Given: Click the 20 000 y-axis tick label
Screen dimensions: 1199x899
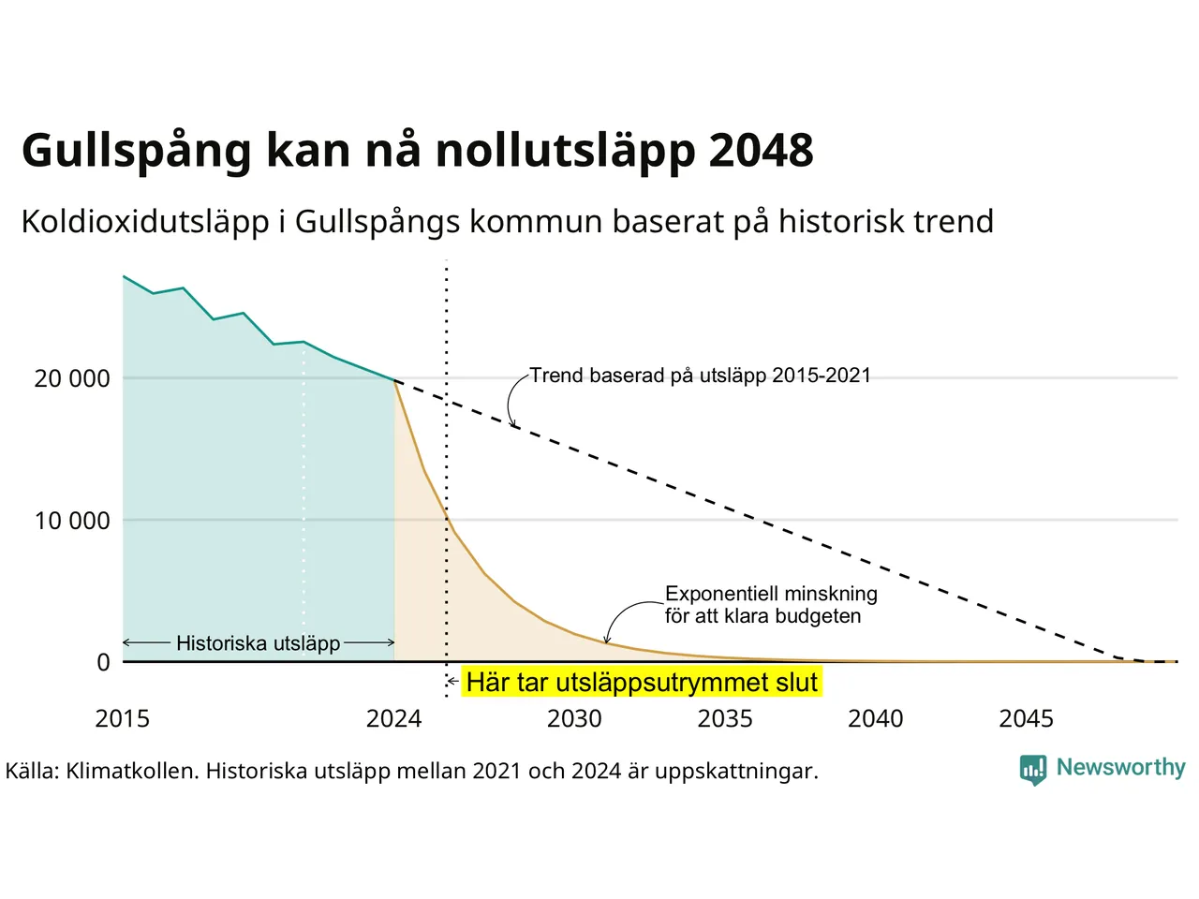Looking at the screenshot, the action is [72, 378].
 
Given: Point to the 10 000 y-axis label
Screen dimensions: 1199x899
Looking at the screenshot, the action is [72, 521].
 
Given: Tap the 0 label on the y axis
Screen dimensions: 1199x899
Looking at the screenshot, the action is [104, 662].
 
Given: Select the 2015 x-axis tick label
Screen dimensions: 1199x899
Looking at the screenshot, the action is [123, 719].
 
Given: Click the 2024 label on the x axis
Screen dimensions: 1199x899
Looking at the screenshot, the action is [393, 719].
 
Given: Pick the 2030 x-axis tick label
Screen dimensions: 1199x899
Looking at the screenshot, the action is [574, 719].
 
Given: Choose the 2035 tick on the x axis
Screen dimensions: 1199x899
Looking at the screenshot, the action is [725, 719].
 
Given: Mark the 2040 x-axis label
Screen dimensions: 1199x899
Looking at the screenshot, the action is [876, 719].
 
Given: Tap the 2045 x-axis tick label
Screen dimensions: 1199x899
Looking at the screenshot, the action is [1027, 719].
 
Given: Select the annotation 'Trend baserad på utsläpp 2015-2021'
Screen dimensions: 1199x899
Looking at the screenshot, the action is [701, 376].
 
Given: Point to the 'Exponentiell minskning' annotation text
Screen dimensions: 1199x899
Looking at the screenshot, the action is [771, 594].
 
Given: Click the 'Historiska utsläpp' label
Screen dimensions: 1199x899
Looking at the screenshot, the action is [259, 643].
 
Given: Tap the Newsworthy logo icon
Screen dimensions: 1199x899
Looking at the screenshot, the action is [1033, 770].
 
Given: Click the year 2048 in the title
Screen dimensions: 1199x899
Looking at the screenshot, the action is [761, 150].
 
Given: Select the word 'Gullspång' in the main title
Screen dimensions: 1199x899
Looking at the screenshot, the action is [137, 152].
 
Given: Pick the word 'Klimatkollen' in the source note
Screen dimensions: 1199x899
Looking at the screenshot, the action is [130, 772].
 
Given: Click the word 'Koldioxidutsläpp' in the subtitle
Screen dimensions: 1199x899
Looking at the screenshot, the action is [145, 222].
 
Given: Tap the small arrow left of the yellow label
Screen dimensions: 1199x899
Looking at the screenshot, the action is [452, 682].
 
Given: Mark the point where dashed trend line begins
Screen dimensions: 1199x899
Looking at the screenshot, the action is [394, 380].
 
